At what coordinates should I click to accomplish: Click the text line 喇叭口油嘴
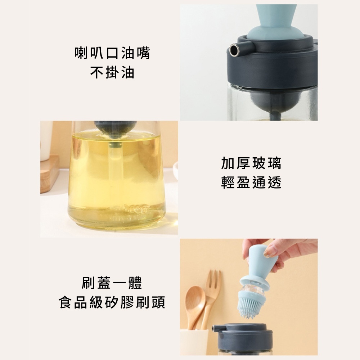[x=112, y=53]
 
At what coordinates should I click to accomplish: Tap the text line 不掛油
[x=112, y=73]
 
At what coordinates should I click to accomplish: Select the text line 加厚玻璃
[x=251, y=163]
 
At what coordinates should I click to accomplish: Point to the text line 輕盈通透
[x=251, y=183]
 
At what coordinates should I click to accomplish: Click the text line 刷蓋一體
[x=112, y=283]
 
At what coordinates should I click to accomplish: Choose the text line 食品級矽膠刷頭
[x=112, y=302]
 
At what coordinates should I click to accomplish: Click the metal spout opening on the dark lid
[x=234, y=50]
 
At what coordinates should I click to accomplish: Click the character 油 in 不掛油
[x=128, y=73]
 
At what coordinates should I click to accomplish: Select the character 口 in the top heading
[x=112, y=53]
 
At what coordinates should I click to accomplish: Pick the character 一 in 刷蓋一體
[x=120, y=283]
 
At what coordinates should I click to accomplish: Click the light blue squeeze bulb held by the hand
[x=259, y=261]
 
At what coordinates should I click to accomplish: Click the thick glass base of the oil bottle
[x=117, y=216]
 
